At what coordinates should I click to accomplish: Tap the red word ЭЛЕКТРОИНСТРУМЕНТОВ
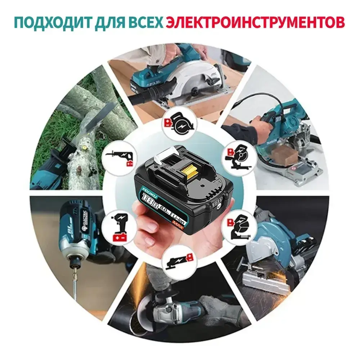coord(255,22)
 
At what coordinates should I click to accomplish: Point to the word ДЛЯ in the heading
coord(106,22)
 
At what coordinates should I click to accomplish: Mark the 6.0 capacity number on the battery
coord(164,206)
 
